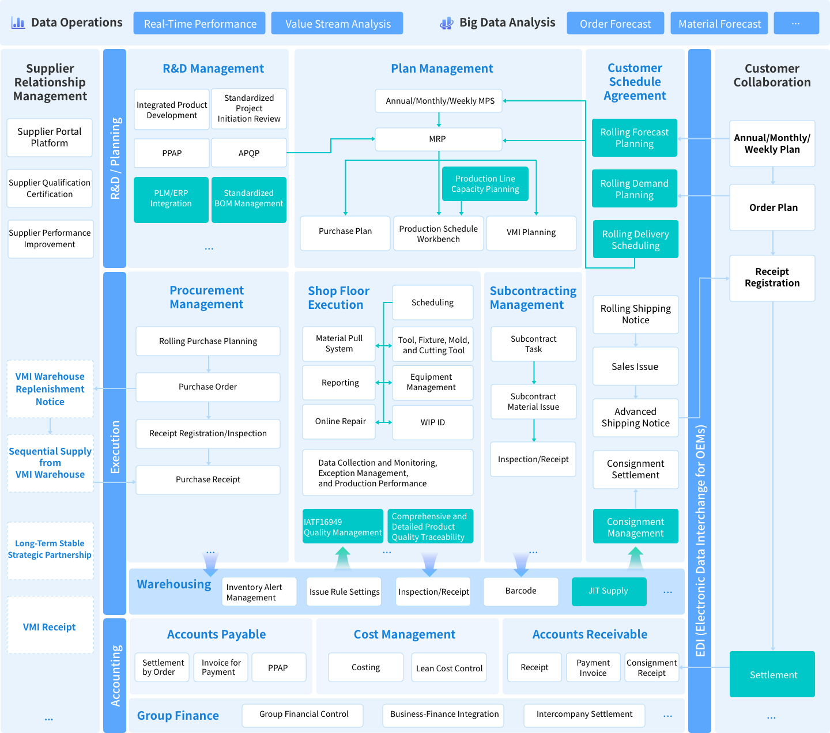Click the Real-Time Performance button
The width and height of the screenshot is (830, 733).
[199, 24]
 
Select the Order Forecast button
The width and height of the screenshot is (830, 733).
[615, 24]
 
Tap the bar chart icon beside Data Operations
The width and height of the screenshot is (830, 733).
[18, 23]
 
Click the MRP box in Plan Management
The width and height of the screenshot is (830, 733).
[438, 139]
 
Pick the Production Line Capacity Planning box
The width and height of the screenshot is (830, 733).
[485, 184]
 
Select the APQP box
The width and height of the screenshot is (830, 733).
[249, 153]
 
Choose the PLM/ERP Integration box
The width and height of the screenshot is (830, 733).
[171, 199]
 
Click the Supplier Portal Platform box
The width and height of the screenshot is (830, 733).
[50, 138]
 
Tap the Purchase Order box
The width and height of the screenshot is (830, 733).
[208, 387]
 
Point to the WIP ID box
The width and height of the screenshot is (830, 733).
[432, 422]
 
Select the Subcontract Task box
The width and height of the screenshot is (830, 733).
[533, 344]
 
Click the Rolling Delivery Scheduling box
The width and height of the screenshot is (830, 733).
[635, 240]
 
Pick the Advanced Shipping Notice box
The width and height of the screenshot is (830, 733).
[635, 418]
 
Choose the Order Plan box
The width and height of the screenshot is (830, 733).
[772, 207]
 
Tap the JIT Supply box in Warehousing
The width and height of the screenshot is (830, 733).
[609, 591]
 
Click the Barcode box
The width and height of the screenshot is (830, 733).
[520, 591]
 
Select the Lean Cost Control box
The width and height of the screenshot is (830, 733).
[449, 668]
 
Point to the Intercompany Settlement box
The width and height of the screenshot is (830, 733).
[584, 715]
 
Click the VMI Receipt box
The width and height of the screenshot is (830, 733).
[50, 627]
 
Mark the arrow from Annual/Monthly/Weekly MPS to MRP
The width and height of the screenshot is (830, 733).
[439, 120]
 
